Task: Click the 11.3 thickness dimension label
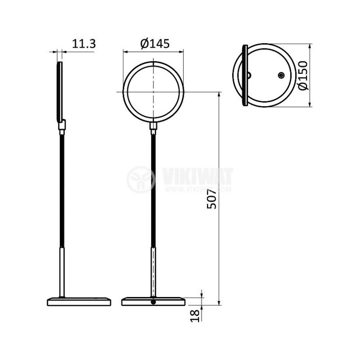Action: tap(84, 44)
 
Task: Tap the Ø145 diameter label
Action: tap(155, 44)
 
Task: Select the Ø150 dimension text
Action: tap(302, 76)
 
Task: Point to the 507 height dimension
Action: tap(212, 199)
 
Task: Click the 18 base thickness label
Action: tap(194, 316)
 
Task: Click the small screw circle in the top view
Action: tap(281, 76)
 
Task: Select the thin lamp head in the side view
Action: tap(60, 92)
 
